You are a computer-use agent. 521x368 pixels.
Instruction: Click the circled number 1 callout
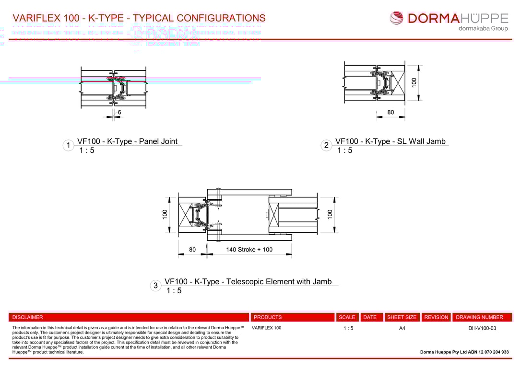click(x=69, y=146)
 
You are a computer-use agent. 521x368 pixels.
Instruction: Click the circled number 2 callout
click(x=326, y=146)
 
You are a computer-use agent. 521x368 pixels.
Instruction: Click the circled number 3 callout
click(x=155, y=286)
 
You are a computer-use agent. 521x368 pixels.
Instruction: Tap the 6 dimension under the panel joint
click(x=119, y=112)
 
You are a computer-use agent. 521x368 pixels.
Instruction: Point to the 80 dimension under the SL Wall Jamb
click(x=391, y=113)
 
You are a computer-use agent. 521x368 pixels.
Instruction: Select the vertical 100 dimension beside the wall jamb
click(x=414, y=82)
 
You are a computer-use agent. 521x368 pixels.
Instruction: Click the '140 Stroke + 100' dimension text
click(x=249, y=250)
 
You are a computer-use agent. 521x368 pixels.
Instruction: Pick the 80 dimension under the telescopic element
click(x=192, y=250)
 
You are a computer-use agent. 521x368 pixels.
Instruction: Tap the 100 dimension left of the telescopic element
click(x=165, y=214)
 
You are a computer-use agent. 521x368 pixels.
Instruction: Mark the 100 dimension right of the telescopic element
click(x=330, y=214)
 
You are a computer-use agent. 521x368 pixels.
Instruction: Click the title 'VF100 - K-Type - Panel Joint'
click(x=127, y=141)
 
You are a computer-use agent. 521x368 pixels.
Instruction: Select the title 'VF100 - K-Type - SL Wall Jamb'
click(x=390, y=141)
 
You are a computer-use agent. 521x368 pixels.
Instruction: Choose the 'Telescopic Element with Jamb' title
click(x=248, y=282)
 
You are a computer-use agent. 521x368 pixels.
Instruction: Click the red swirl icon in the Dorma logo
click(x=397, y=19)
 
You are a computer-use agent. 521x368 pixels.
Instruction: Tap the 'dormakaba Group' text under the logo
click(x=483, y=29)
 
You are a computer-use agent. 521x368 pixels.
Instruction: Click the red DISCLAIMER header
click(x=28, y=317)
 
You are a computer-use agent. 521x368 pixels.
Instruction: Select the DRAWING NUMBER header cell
click(x=479, y=317)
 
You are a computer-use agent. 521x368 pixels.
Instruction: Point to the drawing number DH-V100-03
click(x=482, y=328)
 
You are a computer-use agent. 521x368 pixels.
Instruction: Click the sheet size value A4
click(x=402, y=328)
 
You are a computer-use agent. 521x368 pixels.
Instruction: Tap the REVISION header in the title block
click(x=436, y=317)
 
